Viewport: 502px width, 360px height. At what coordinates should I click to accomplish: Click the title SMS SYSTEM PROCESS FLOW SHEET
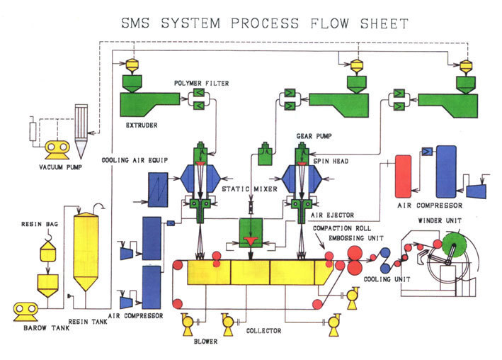tap(265, 23)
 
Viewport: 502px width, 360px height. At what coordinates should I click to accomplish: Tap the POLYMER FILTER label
tap(201, 84)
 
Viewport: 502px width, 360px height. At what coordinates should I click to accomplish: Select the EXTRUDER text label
tap(142, 125)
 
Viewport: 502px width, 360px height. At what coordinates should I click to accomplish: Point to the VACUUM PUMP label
tap(60, 167)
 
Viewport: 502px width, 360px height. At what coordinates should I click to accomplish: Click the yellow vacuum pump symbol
tap(57, 150)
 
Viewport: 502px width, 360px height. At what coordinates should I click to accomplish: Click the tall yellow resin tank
tap(86, 252)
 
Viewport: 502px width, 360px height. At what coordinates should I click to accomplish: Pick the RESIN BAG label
tap(40, 224)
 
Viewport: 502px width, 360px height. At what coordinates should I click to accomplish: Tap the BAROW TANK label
tap(47, 328)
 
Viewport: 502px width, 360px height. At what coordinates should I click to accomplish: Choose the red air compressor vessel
tap(404, 176)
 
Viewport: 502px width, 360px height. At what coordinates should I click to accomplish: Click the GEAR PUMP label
tap(314, 136)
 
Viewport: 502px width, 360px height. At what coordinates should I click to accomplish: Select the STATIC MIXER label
tap(250, 189)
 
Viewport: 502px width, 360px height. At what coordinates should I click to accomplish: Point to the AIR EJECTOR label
tap(333, 215)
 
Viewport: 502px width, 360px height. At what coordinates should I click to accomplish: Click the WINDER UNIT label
tap(440, 220)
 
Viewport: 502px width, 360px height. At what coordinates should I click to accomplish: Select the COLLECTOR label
tap(264, 331)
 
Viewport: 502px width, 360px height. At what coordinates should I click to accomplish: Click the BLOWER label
tap(205, 342)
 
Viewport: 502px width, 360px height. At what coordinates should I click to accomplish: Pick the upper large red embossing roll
tap(355, 253)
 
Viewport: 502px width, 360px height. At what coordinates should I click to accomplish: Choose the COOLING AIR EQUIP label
tap(135, 160)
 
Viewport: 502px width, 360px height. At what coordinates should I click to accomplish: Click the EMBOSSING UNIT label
tap(356, 238)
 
